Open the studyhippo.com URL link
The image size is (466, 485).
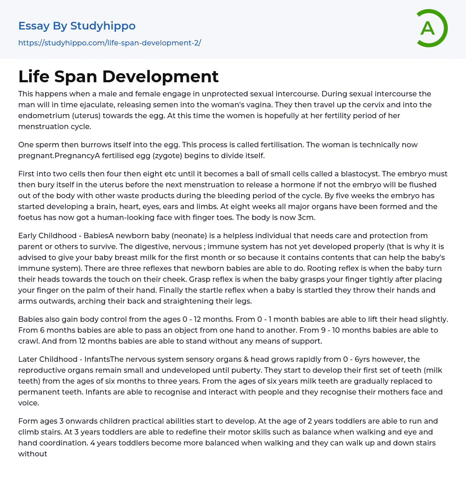[110, 43]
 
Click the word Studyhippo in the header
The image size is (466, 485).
[103, 26]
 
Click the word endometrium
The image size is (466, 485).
[40, 116]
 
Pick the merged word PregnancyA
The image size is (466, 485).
[78, 156]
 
